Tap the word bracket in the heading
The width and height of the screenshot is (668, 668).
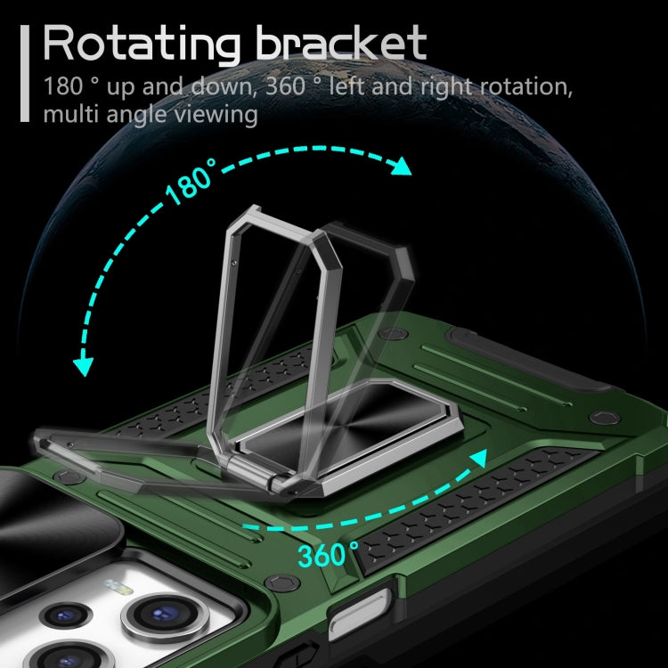coord(341,42)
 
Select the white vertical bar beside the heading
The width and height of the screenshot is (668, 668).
coord(25,73)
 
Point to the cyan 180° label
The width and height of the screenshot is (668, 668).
coord(191,182)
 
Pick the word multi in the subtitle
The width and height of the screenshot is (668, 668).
coord(70,114)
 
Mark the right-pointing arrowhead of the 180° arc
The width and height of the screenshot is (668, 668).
coord(401,167)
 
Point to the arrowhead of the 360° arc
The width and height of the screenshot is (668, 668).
coord(479,458)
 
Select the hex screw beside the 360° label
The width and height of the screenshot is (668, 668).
coord(282,582)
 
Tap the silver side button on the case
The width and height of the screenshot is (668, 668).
coord(359,614)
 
